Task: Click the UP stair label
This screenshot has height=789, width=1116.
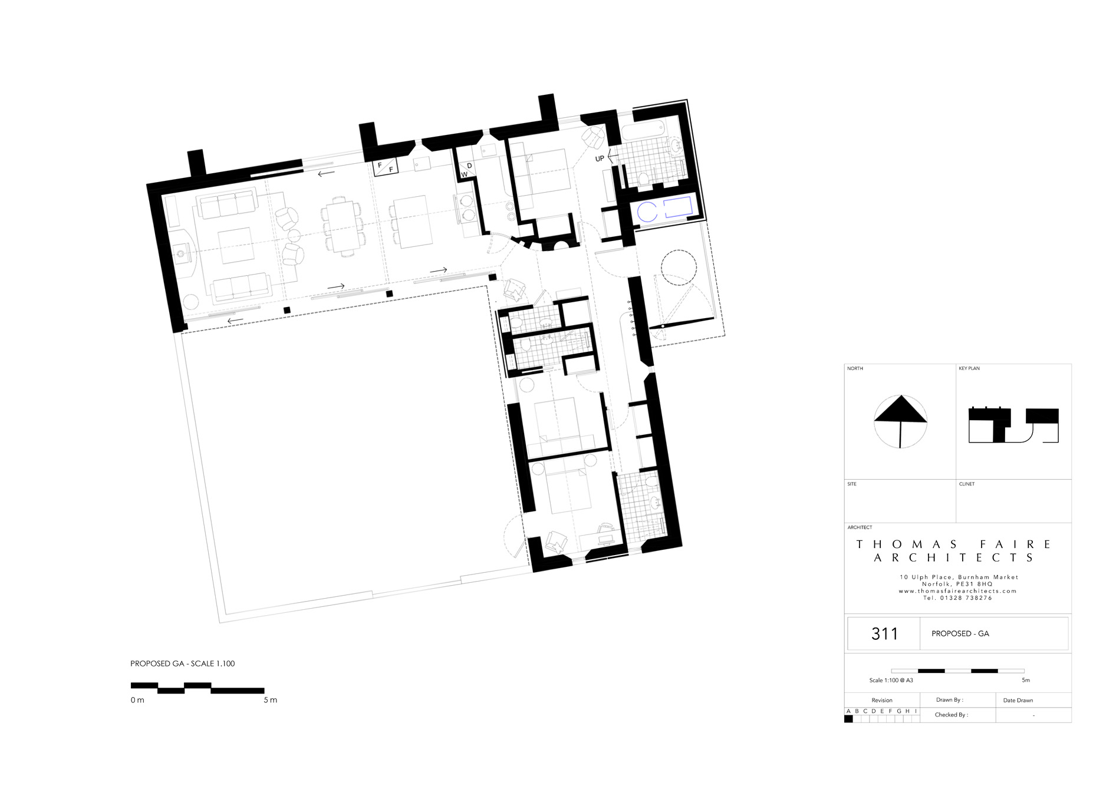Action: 600,159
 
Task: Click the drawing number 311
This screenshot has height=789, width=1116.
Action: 884,633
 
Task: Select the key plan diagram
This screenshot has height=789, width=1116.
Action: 1014,425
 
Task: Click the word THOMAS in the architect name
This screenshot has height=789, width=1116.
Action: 908,544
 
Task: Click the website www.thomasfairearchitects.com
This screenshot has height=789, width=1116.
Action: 958,591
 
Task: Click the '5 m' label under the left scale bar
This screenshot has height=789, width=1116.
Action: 270,700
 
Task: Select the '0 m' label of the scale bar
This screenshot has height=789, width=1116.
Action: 137,700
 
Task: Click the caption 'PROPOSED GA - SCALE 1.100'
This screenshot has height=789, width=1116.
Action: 182,663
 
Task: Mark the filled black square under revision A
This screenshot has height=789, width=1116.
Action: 848,719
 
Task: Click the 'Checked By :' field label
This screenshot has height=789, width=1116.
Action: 952,715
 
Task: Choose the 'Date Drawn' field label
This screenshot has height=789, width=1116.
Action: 1018,701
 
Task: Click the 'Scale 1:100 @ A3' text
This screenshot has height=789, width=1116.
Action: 891,681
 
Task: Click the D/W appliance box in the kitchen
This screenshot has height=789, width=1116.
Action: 467,170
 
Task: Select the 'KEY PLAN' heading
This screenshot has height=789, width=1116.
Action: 969,368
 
